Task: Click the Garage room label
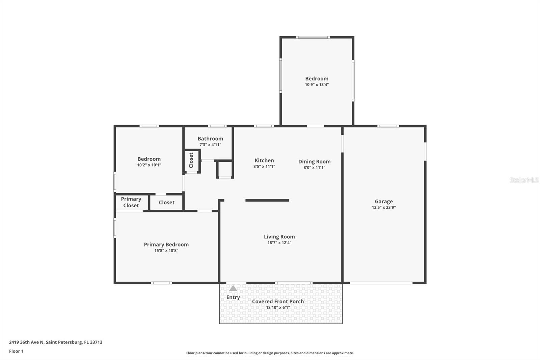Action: pos(383,201)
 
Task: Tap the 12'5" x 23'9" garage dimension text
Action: pos(383,208)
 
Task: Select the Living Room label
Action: pos(279,237)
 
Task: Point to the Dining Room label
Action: pos(314,161)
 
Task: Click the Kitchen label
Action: pos(264,160)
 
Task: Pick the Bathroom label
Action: pos(210,138)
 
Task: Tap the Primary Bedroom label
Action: pos(166,245)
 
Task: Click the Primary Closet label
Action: pos(131,202)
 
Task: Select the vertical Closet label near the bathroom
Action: pos(191,160)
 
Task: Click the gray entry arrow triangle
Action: pos(233,288)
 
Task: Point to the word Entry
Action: pos(233,297)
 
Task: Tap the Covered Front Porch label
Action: pos(278,301)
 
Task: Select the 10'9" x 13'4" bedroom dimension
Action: pos(317,85)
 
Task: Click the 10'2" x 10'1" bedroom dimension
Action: pos(149,165)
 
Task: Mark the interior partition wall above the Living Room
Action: pos(267,200)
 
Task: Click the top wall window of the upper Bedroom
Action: pos(313,37)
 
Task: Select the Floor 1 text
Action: pos(16,351)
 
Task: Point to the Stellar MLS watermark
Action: pos(524,180)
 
